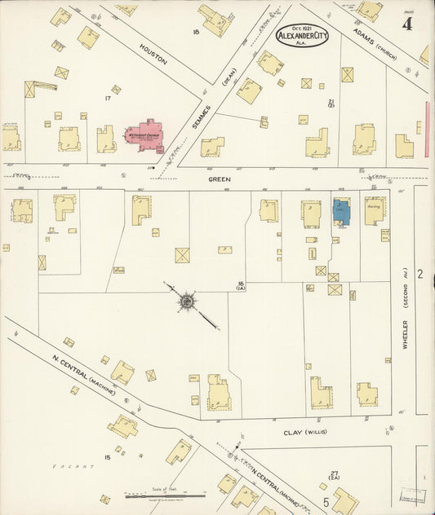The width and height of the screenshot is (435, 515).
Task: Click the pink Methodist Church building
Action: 145,135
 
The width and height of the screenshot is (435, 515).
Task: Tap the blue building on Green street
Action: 341,212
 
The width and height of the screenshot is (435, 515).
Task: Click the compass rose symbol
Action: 187,302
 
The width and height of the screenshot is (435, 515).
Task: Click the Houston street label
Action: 153,55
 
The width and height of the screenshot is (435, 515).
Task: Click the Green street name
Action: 219,178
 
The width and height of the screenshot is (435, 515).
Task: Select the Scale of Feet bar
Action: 165,494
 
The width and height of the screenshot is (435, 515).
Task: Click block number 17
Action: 107,98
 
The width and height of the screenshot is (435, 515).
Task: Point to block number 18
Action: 196,31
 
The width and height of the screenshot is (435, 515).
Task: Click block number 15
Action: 107,457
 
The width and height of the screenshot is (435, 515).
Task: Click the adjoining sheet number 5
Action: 324,500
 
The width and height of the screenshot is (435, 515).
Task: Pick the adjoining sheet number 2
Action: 420,274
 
